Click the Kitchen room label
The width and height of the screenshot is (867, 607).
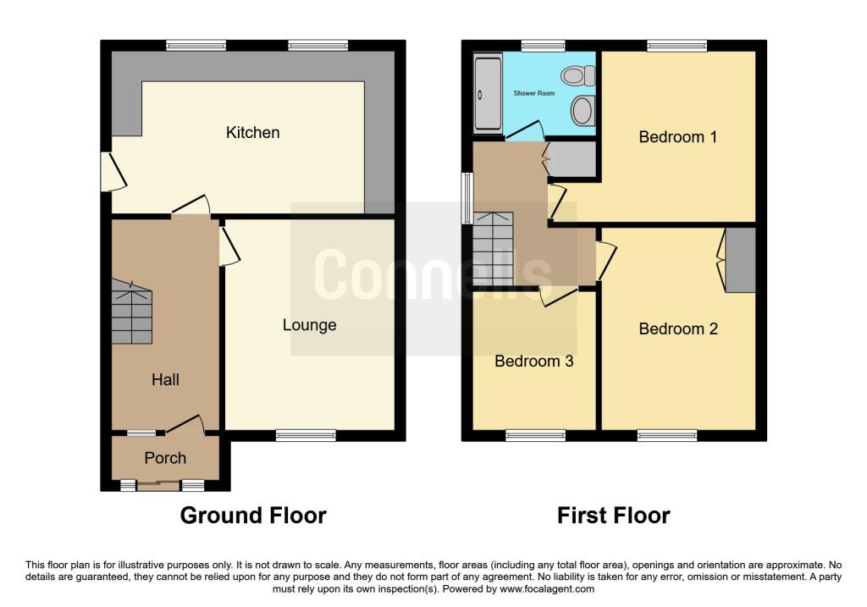pos(252,133)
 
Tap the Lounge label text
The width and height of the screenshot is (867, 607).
pos(309,325)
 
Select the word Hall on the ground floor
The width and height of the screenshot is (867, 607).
pos(165,380)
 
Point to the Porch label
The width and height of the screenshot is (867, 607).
pos(165,458)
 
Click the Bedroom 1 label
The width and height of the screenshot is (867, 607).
pos(677,137)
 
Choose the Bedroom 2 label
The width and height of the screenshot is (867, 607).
pos(678,329)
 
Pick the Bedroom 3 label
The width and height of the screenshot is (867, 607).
pos(533,361)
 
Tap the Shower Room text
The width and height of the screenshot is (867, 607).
pos(534,93)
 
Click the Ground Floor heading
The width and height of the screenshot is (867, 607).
pos(253,515)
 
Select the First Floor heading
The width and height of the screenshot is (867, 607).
pos(614,515)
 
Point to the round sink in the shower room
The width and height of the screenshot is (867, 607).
pos(582,110)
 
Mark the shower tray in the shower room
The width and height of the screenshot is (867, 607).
pos(488,93)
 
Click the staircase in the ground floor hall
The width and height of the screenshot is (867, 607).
pos(131,313)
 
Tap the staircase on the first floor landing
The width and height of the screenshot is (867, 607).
pos(493,250)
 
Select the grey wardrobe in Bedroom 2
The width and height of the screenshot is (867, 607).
pos(741,261)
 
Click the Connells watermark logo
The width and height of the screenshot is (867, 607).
pos(433,273)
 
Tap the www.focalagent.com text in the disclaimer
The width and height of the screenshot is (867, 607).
pos(547,589)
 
